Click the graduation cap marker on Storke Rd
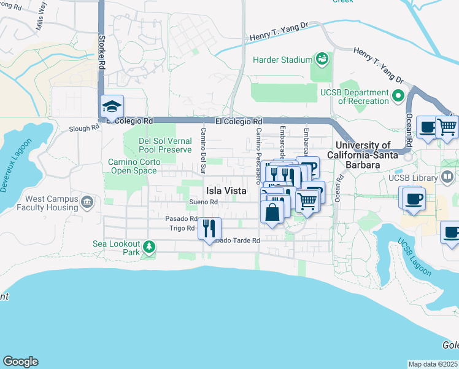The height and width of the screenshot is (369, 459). click(112, 108)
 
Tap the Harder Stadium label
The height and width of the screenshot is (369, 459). click(283, 60)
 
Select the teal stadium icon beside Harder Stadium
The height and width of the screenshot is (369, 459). click(321, 59)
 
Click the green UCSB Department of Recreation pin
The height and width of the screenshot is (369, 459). click(397, 96)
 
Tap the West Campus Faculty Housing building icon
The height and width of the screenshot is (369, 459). click(87, 202)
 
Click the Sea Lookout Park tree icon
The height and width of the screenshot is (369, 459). click(148, 247)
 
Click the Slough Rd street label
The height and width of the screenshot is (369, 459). click(84, 129)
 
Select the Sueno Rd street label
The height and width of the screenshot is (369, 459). click(204, 202)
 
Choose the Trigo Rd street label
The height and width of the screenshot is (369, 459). click(182, 228)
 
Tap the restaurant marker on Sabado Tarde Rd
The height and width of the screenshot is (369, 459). click(209, 229)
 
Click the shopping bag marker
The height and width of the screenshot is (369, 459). click(272, 212)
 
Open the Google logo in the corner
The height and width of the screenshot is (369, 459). click(20, 362)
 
